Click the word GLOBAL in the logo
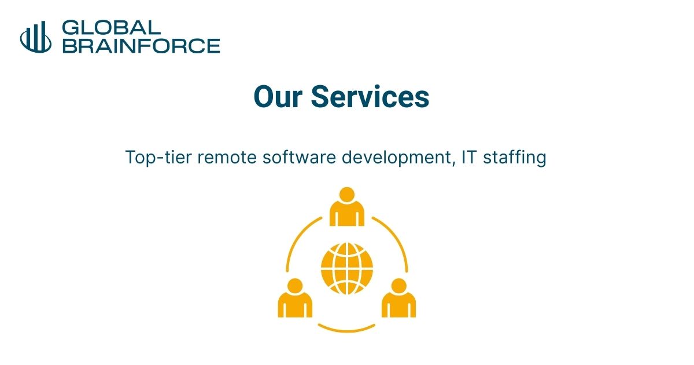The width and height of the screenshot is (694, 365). pyautogui.click(x=111, y=27)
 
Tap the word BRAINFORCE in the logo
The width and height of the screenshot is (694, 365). pyautogui.click(x=141, y=45)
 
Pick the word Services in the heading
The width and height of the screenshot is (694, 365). pyautogui.click(x=370, y=97)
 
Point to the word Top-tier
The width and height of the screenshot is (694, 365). pyautogui.click(x=158, y=158)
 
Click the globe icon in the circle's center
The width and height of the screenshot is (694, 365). pyautogui.click(x=347, y=268)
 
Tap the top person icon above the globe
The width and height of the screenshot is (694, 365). pyautogui.click(x=347, y=207)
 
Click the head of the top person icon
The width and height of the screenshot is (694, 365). pyautogui.click(x=347, y=195)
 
